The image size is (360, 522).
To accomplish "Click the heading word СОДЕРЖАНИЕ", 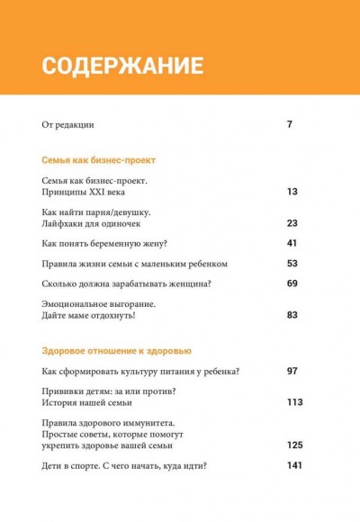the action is click(x=122, y=66).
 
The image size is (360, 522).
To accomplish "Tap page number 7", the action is click(x=289, y=124).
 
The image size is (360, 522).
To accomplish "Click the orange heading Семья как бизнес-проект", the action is click(x=99, y=159).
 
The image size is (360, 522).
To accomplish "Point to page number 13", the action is click(x=292, y=192).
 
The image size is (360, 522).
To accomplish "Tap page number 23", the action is click(x=292, y=223).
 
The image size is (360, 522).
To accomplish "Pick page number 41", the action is click(x=292, y=244).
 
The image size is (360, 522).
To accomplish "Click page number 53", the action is click(x=292, y=264).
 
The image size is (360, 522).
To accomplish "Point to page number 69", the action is click(x=292, y=284).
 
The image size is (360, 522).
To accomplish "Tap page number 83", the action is click(x=292, y=316).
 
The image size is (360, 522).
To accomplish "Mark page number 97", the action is click(x=292, y=372).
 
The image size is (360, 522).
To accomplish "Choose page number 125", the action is click(x=293, y=445).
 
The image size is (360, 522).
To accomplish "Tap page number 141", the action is click(x=293, y=465).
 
